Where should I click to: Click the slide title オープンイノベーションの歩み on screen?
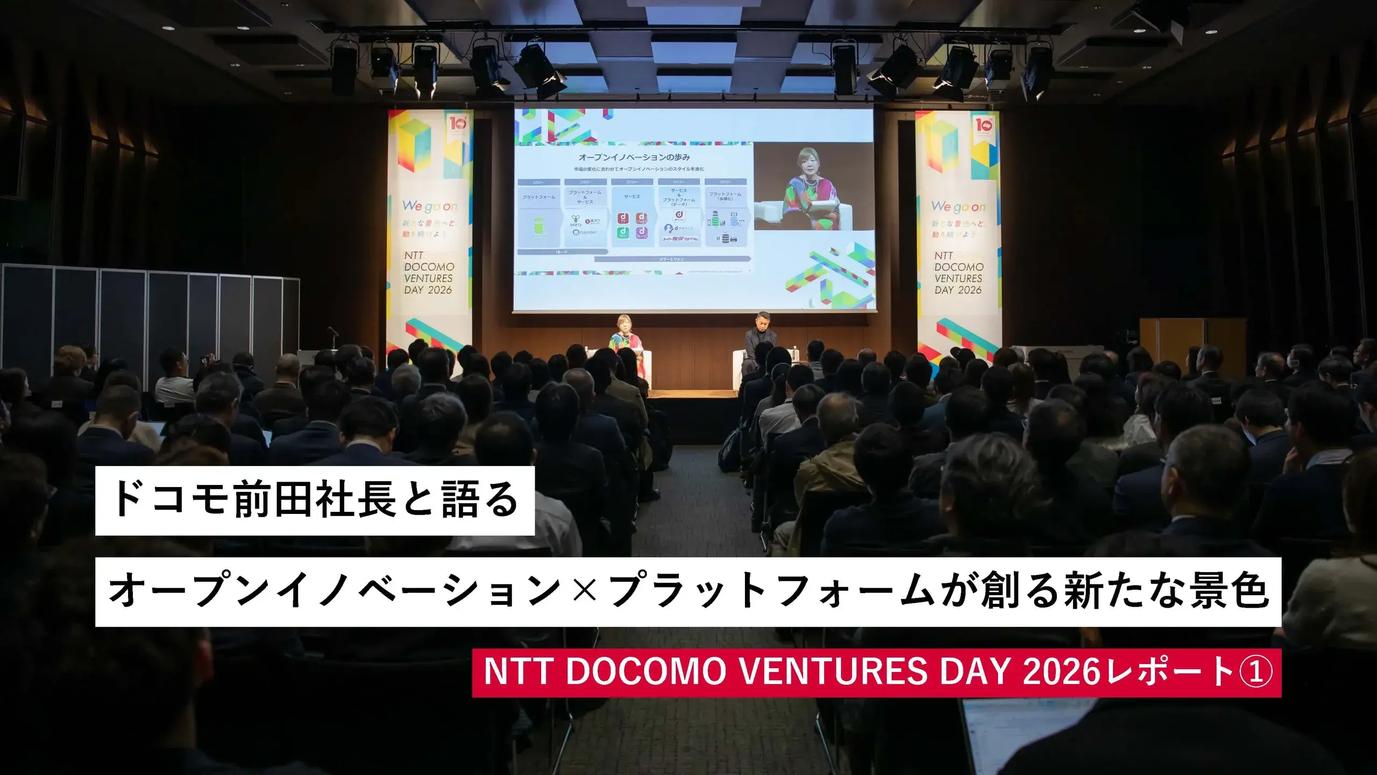pyautogui.click(x=634, y=157)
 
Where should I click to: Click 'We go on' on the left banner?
pyautogui.click(x=430, y=206)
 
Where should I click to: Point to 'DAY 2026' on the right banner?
pyautogui.click(x=958, y=290)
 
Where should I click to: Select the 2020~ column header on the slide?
pyautogui.click(x=725, y=182)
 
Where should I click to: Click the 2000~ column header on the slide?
pyautogui.click(x=538, y=182)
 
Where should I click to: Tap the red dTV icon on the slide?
pyautogui.click(x=624, y=218)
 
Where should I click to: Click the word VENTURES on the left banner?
pyautogui.click(x=428, y=278)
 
